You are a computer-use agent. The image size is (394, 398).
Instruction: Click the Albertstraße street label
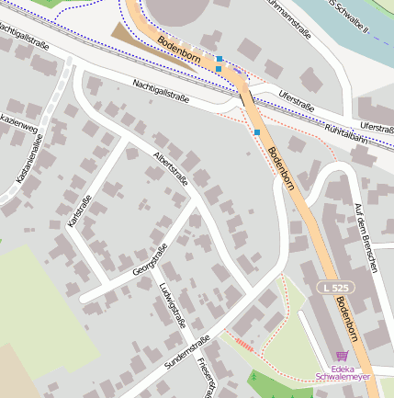click(171, 168)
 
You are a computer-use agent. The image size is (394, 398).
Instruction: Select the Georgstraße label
click(150, 260)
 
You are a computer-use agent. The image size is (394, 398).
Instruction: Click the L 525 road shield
click(336, 288)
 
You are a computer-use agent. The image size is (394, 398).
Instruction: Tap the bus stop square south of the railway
click(257, 132)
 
